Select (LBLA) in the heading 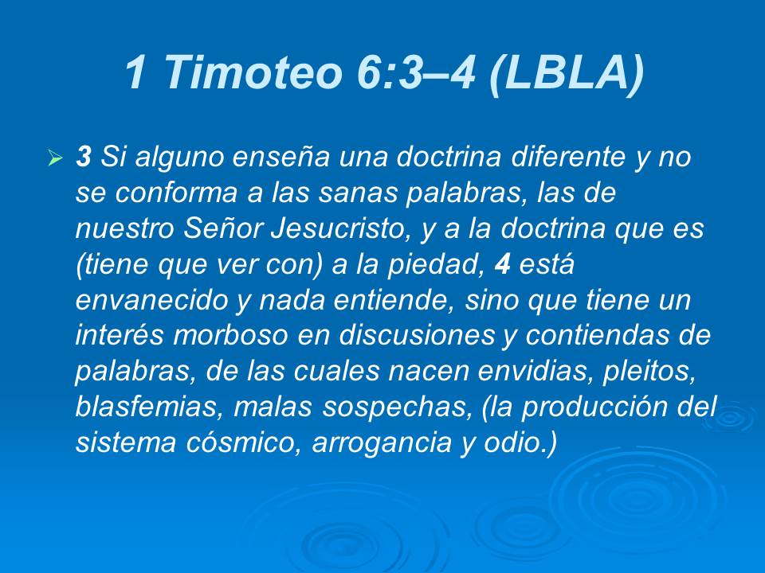click(563, 74)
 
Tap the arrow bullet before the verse click(55, 159)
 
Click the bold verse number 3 click(83, 158)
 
